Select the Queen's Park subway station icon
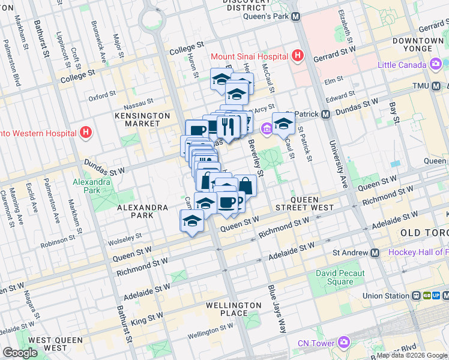coord(295,17)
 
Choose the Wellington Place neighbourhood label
coord(234,309)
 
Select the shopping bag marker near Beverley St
coord(245,184)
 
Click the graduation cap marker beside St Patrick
coord(283,124)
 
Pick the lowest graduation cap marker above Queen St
coord(192,222)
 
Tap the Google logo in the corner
coord(20,353)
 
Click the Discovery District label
coord(246,5)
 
